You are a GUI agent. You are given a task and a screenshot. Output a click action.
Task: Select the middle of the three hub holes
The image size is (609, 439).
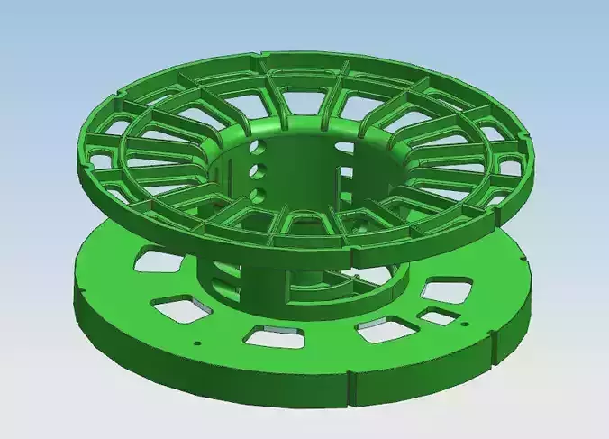[258, 169]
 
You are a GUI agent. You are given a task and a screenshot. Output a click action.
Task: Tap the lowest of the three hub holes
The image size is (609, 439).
[259, 193]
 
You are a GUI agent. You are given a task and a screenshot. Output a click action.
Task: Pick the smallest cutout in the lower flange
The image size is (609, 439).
[439, 317]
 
